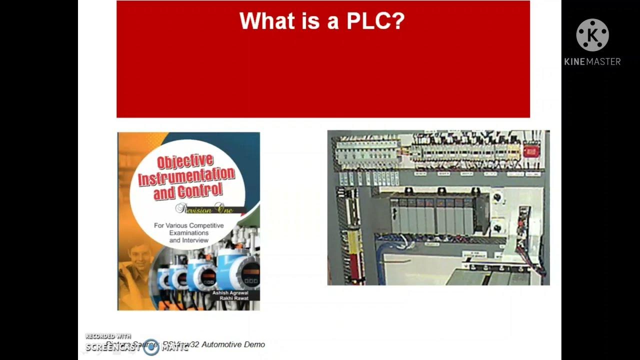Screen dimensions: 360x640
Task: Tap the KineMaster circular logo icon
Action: [x=592, y=35]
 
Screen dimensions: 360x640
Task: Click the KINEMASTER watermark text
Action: [x=592, y=61]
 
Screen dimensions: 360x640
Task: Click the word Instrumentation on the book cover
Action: [x=186, y=176]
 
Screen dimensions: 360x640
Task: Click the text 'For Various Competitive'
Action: [x=188, y=225]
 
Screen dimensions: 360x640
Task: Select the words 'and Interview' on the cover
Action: [x=188, y=240]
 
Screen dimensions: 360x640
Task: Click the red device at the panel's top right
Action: [x=530, y=151]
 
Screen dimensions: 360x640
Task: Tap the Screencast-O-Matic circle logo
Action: [x=151, y=347]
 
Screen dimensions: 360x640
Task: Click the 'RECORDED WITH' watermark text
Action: [x=107, y=336]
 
